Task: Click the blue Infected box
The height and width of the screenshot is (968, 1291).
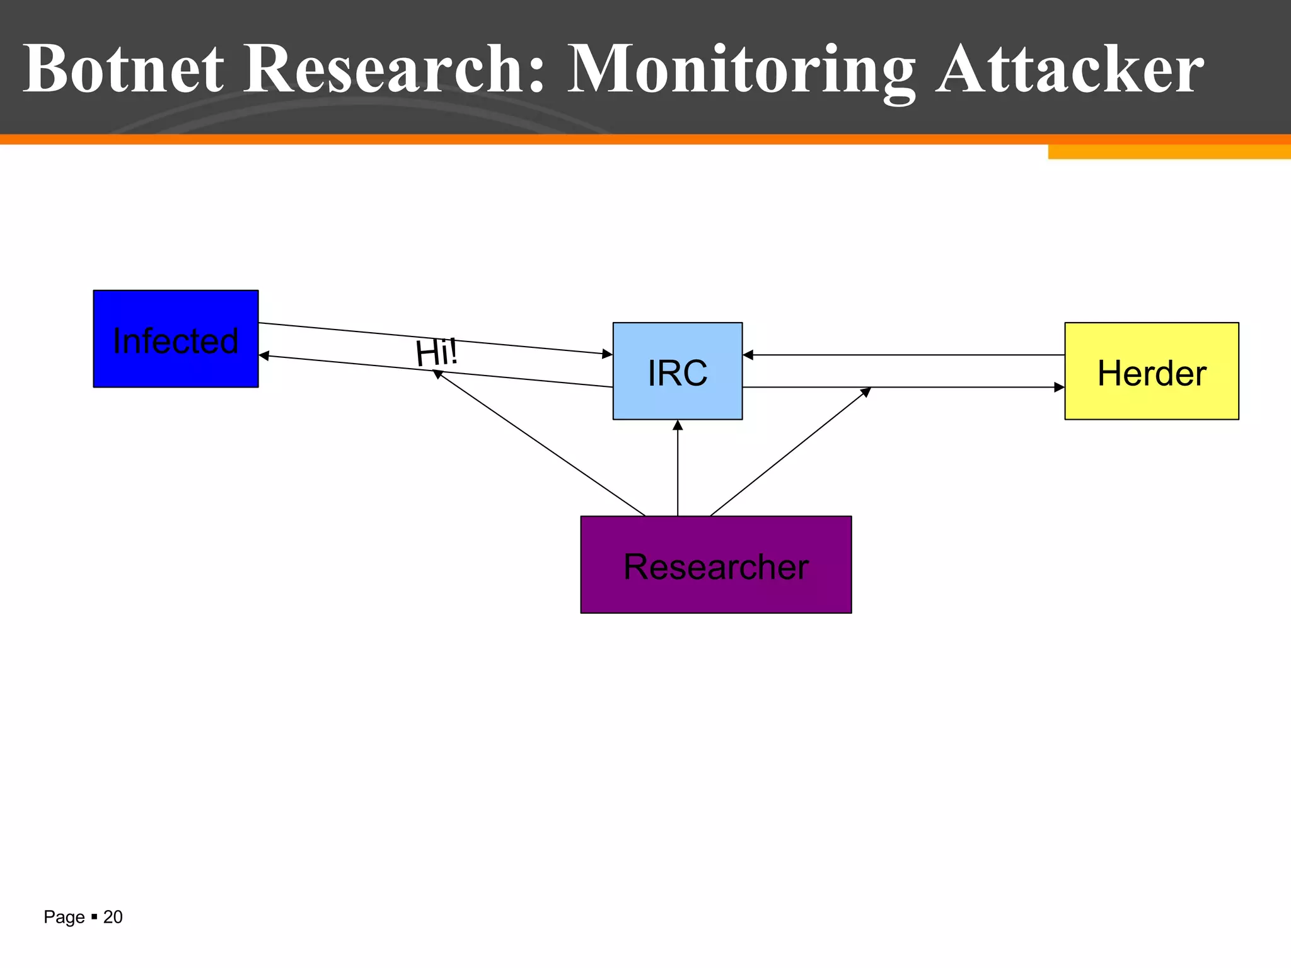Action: point(175,338)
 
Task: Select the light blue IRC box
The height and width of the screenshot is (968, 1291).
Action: point(677,371)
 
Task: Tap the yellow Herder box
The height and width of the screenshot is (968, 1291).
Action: point(1151,371)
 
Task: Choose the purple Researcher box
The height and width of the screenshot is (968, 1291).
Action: point(715,565)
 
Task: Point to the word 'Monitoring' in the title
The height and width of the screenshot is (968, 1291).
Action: point(741,69)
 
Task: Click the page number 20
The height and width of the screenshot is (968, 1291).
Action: point(113,917)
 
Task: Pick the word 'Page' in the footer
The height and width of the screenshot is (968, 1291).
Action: point(64,917)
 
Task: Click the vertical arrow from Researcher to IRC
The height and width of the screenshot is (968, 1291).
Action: point(678,470)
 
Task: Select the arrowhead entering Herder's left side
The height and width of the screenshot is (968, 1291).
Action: point(1059,387)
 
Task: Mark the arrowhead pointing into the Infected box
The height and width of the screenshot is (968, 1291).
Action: point(264,356)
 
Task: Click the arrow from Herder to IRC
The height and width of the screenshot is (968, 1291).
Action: point(901,355)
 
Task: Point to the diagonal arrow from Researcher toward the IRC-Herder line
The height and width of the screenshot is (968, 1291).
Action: point(788,453)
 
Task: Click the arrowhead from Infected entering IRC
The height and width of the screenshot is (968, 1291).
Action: point(607,354)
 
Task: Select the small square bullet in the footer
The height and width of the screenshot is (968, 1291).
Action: point(94,916)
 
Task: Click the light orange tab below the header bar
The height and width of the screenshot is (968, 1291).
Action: point(1169,152)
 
